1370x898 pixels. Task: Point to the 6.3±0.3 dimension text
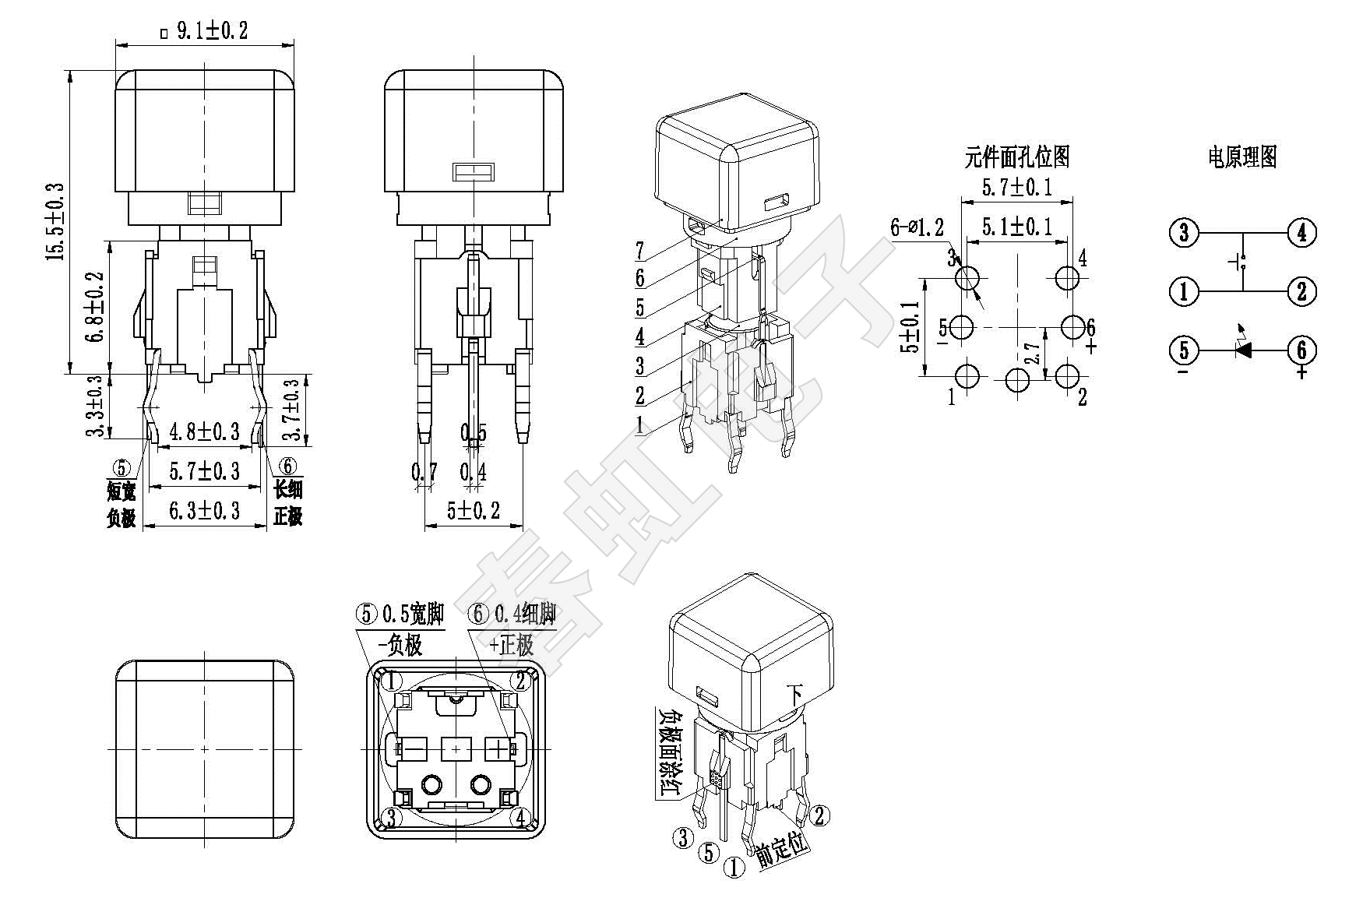coord(204,511)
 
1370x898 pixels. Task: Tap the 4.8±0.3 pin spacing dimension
coord(204,431)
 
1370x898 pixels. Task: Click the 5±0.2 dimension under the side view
coord(473,511)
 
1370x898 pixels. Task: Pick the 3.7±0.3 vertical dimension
coord(292,410)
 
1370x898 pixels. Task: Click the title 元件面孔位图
coord(1016,157)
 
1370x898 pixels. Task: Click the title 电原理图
coord(1242,157)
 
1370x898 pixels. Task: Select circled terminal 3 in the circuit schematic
coord(1184,232)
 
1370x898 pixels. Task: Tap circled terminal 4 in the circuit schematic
coord(1301,232)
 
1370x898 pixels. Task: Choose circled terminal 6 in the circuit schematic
coord(1301,350)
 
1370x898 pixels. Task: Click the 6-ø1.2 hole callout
coord(917,227)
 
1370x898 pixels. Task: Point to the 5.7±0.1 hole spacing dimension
coord(1016,187)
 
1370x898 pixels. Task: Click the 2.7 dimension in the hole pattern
coord(1033,354)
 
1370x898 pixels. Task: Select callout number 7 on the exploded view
coord(639,251)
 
